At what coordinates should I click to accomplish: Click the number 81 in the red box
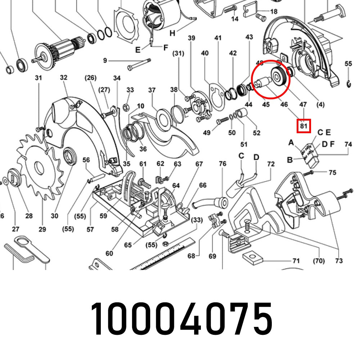[x=303, y=126]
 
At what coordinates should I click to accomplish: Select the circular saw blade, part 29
[x=38, y=167]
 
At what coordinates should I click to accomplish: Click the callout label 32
[x=64, y=77]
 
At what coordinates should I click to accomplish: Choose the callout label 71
[x=296, y=260]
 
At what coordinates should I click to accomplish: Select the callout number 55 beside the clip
[x=348, y=64]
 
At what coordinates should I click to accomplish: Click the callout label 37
[x=152, y=90]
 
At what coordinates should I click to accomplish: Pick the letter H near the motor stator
[x=172, y=33]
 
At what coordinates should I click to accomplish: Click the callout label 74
[x=348, y=144]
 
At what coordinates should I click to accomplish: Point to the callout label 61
[x=143, y=164]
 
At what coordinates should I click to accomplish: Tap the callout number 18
[x=274, y=12]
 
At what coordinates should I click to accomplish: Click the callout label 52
[x=256, y=133]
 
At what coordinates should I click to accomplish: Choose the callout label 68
[x=191, y=256]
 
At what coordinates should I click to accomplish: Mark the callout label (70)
[x=319, y=261]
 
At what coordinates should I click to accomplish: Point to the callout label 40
[x=205, y=53]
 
